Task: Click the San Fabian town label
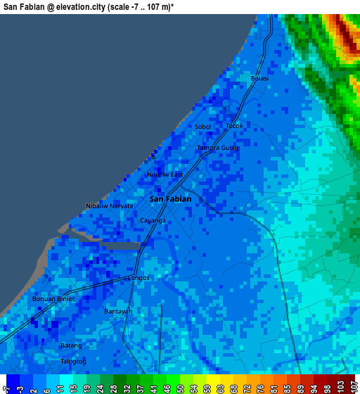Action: point(170,199)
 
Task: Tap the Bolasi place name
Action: point(259,78)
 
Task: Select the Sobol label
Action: point(202,127)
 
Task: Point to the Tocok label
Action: point(234,126)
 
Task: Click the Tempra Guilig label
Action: point(217,148)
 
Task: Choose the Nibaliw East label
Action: point(165,174)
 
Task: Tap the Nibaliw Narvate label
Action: point(109,205)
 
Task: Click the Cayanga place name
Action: point(153,220)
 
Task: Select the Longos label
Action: point(139,277)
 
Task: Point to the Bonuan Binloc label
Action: point(53,298)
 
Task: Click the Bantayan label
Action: point(118,311)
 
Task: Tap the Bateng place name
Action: point(71,345)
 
